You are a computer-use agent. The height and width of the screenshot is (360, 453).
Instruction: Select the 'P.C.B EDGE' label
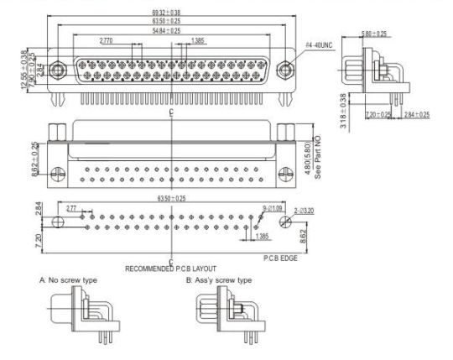click(283, 259)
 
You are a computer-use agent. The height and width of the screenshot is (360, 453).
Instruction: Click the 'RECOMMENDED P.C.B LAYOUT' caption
click(174, 269)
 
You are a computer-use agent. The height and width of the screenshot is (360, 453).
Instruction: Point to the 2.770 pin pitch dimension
click(107, 40)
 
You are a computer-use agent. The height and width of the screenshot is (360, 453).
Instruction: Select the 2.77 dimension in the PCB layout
click(71, 206)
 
